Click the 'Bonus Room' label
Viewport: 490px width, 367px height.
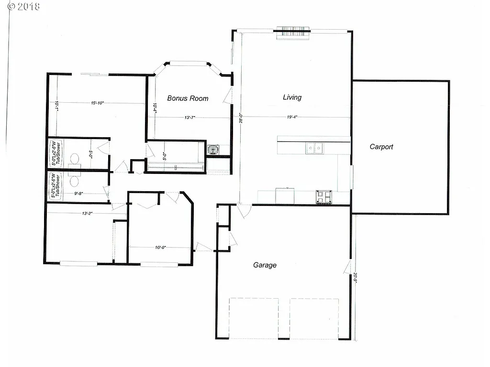tap(188, 98)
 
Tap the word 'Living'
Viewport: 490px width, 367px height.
tap(292, 97)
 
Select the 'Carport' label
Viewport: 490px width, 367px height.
tap(381, 147)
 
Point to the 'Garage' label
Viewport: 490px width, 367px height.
tap(265, 265)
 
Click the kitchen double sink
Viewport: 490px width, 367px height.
tap(314, 149)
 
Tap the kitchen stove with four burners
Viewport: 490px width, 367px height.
tap(323, 197)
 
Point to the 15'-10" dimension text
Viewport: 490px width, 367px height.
tap(98, 102)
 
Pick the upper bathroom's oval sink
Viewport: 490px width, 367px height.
tap(75, 158)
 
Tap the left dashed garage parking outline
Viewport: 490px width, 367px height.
tap(254, 318)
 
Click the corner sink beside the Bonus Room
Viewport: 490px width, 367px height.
tap(212, 149)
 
